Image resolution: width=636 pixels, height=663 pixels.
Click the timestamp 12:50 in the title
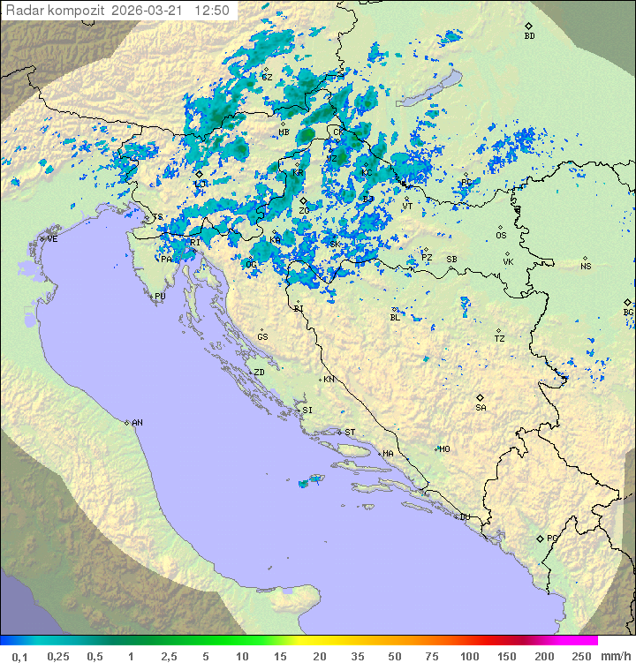(213, 11)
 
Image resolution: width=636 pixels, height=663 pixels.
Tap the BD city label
(529, 36)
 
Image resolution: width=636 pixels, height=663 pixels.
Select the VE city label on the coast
(52, 239)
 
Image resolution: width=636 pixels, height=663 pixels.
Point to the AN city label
(137, 423)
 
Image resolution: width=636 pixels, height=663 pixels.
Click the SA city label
(481, 408)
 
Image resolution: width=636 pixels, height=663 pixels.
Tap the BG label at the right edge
(628, 313)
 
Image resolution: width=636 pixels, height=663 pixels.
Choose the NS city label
(586, 267)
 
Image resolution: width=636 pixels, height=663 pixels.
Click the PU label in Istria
(160, 297)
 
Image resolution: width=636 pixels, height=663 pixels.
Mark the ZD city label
(259, 373)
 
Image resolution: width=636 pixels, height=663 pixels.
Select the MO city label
(444, 449)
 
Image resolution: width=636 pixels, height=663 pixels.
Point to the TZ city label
(499, 339)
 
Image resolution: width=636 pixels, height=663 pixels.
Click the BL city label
(395, 318)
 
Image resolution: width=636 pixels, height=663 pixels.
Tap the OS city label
(501, 236)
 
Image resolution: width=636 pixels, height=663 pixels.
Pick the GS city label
(262, 337)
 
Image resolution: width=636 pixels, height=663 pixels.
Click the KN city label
(329, 380)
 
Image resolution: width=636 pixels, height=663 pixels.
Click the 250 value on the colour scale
(581, 656)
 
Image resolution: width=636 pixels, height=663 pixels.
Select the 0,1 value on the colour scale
(19, 656)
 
